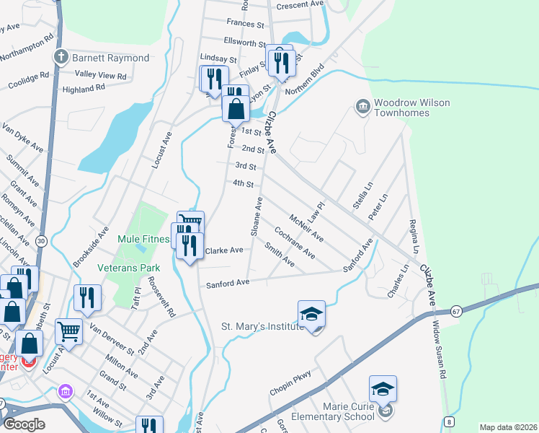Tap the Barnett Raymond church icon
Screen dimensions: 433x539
61,56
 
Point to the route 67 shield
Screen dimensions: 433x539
456,311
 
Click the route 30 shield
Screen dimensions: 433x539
41,240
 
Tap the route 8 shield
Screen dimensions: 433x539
449,421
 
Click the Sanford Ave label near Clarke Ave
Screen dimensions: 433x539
227,283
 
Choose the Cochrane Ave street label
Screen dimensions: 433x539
295,243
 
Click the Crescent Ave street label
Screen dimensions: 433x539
300,4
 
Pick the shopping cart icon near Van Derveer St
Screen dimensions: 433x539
68,332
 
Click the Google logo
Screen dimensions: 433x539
24,424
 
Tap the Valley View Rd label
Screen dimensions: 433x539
101,75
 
